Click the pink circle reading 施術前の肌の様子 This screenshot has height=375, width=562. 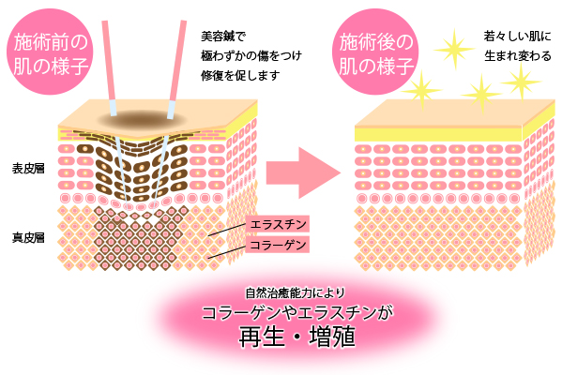pos(50,52)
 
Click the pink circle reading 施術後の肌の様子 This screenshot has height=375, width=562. pos(375,52)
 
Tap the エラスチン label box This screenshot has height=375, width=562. pos(278,224)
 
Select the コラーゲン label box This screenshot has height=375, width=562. pos(278,245)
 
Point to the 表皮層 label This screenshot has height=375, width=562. pos(28,169)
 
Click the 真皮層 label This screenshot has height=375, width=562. pos(28,237)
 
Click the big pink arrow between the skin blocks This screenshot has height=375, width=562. pos(303,172)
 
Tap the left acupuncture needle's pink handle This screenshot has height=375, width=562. pos(109,61)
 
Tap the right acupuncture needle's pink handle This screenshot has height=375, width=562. pos(178,61)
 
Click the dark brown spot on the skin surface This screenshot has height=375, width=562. pos(142,118)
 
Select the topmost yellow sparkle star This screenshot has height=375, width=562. pos(454,49)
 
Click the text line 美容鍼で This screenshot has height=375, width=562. pos(223,37)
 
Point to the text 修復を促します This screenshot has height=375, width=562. pos(240,76)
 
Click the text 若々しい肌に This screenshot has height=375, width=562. pos(517,37)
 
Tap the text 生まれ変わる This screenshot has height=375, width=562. pos(518,56)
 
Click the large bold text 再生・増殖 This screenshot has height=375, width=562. pos(297,337)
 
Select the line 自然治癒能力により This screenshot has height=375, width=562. pos(295,293)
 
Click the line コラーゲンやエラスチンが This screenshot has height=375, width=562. pos(297,313)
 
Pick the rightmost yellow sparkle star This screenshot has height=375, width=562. pos(521,82)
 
